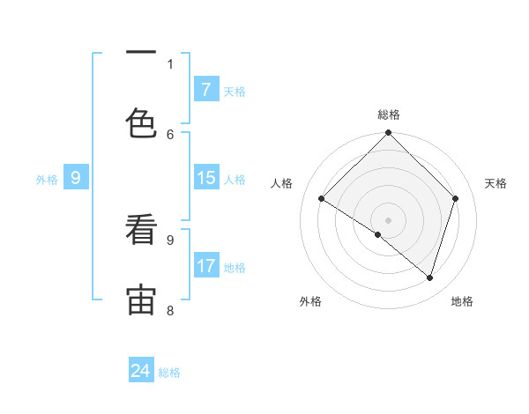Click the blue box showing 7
click(x=205, y=90)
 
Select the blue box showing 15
click(x=205, y=178)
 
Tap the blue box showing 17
click(x=205, y=266)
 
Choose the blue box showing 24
click(x=141, y=371)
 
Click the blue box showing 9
click(x=76, y=178)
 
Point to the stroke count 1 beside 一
click(x=170, y=63)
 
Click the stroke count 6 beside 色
click(x=170, y=134)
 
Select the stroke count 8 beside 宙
click(x=170, y=310)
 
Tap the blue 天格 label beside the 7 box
click(x=235, y=91)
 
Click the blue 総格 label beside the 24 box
click(x=169, y=372)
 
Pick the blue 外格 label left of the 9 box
click(x=47, y=179)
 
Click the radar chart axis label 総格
click(x=388, y=115)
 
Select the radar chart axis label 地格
click(x=462, y=301)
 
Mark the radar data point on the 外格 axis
click(x=378, y=234)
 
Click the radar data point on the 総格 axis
click(x=388, y=134)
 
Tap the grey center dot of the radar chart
click(x=388, y=219)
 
